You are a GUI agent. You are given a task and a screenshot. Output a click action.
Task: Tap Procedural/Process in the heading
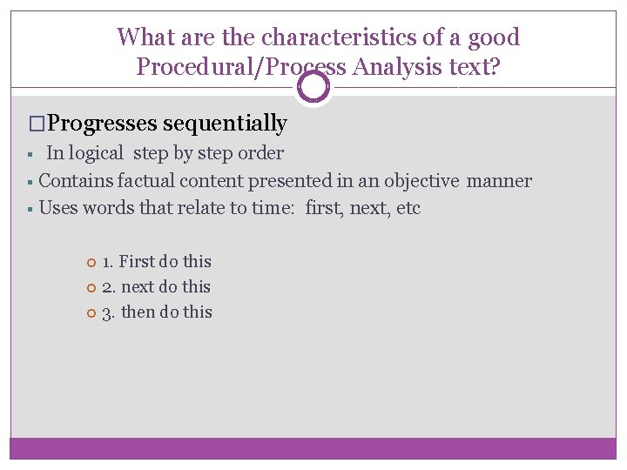[x=239, y=66]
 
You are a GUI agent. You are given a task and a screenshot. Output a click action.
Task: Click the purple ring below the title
[x=313, y=86]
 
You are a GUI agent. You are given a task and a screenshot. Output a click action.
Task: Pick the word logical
[x=97, y=153]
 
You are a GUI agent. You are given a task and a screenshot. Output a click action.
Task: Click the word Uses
[x=57, y=208]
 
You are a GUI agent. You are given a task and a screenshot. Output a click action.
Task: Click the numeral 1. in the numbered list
[x=108, y=261]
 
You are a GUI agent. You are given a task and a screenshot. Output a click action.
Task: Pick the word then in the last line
[x=138, y=312]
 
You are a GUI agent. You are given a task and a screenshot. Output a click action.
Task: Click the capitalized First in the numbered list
[x=137, y=261]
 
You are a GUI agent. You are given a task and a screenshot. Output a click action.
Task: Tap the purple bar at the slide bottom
[x=313, y=447]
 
